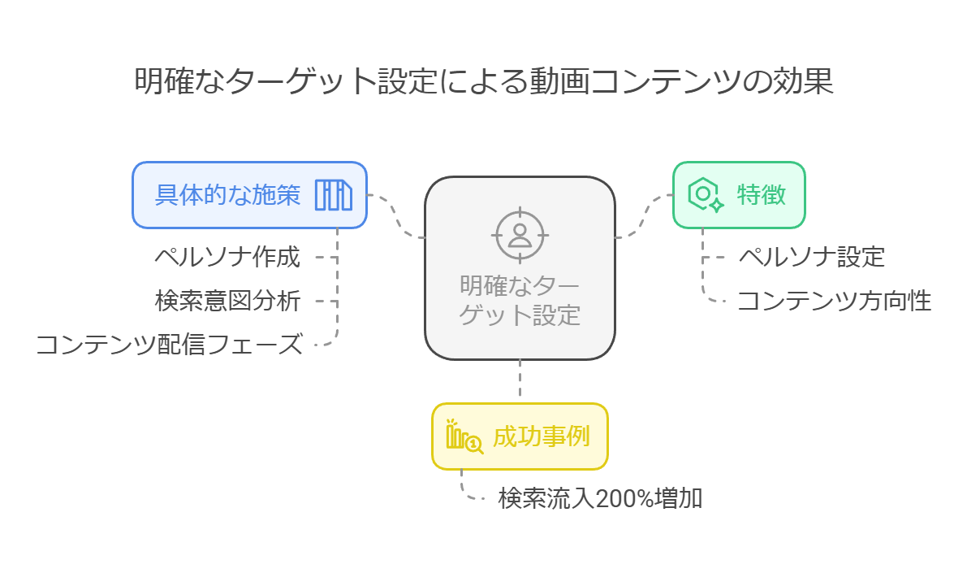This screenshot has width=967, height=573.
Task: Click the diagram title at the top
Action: (484, 82)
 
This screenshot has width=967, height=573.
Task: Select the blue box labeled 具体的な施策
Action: (249, 195)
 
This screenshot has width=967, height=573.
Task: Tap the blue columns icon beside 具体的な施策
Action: (333, 195)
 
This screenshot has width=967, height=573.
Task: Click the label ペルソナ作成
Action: (227, 258)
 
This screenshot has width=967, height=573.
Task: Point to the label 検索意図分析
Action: (227, 302)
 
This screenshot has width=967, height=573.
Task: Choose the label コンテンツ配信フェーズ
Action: (169, 345)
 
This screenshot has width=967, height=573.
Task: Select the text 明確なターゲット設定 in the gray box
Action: (520, 300)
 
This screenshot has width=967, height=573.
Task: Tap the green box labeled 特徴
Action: (739, 195)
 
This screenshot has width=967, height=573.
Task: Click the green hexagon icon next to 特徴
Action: (704, 195)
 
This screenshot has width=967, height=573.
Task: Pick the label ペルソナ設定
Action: (811, 258)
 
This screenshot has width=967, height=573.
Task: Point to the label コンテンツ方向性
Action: (834, 302)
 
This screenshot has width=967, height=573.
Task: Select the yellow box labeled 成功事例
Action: (520, 436)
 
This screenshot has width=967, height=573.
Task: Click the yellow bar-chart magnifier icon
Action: (464, 436)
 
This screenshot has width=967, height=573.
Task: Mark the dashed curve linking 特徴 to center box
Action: (645, 216)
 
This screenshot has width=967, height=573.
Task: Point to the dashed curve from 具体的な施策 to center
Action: (396, 216)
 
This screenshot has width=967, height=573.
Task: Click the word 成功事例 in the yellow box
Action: (541, 436)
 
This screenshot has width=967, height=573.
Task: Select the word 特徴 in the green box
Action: (761, 195)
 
